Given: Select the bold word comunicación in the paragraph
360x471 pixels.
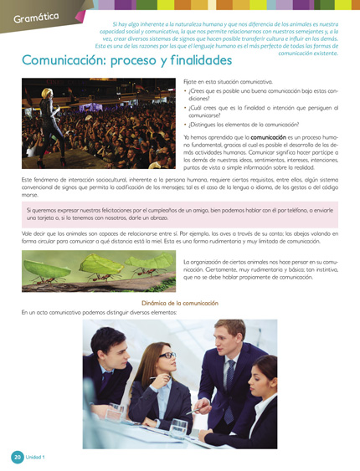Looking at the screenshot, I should pos(267,136).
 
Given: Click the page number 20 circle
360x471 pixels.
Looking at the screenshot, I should pos(16,457).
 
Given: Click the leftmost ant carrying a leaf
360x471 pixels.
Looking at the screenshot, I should pos(42,266).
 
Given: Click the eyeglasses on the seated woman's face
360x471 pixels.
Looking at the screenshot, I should pos(165,357).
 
